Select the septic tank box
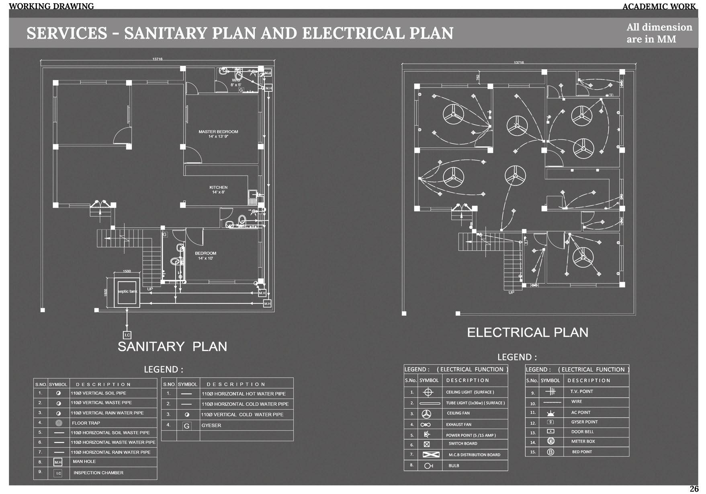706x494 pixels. [127, 292]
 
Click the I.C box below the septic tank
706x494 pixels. [127, 335]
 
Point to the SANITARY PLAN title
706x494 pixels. [172, 346]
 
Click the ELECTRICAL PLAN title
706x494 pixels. [528, 332]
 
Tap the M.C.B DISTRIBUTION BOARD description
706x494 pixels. [474, 455]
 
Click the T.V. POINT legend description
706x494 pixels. [581, 391]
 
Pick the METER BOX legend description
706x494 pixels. [583, 441]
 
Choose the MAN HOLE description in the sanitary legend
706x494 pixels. [84, 461]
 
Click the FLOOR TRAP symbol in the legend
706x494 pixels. [59, 423]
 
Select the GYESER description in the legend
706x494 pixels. [211, 425]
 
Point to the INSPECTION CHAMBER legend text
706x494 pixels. [98, 473]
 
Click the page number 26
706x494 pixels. [694, 489]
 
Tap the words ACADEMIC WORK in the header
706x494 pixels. [659, 6]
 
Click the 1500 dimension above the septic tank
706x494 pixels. [127, 271]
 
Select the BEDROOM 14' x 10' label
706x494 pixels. [205, 256]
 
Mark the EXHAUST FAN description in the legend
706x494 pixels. [458, 424]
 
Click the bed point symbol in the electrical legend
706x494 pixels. [550, 452]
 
